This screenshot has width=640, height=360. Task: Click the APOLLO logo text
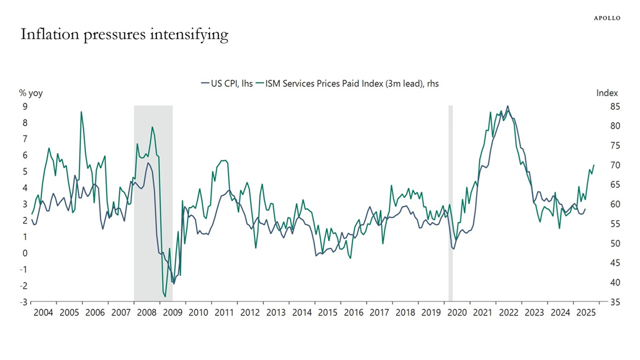click(x=607, y=18)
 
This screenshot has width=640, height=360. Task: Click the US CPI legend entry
click(x=227, y=83)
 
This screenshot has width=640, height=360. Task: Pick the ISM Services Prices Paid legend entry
click(x=347, y=83)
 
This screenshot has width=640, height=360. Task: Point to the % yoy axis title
click(x=31, y=93)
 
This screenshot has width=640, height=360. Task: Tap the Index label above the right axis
click(x=607, y=93)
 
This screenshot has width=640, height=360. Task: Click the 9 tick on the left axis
click(x=24, y=106)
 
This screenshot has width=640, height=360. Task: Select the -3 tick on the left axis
click(x=23, y=302)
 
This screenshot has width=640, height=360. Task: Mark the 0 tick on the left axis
click(x=24, y=253)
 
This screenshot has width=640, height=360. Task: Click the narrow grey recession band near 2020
click(x=451, y=203)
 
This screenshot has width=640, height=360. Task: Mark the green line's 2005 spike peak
click(x=81, y=112)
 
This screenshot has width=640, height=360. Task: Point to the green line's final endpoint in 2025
click(x=594, y=165)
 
